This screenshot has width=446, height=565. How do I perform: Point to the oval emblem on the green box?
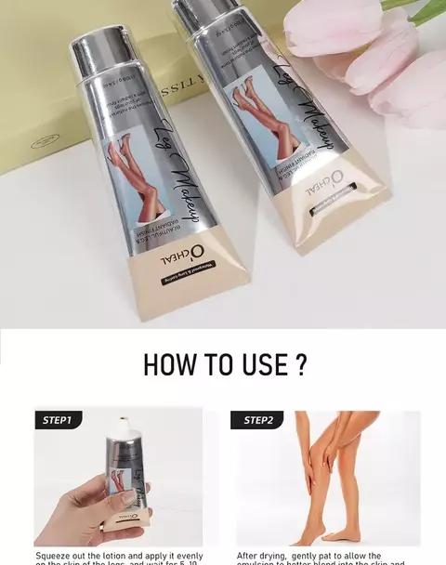[x=45, y=142]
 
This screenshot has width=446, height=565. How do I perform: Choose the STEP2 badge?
[x=258, y=420]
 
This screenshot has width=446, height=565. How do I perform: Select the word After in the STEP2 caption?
[x=248, y=556]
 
